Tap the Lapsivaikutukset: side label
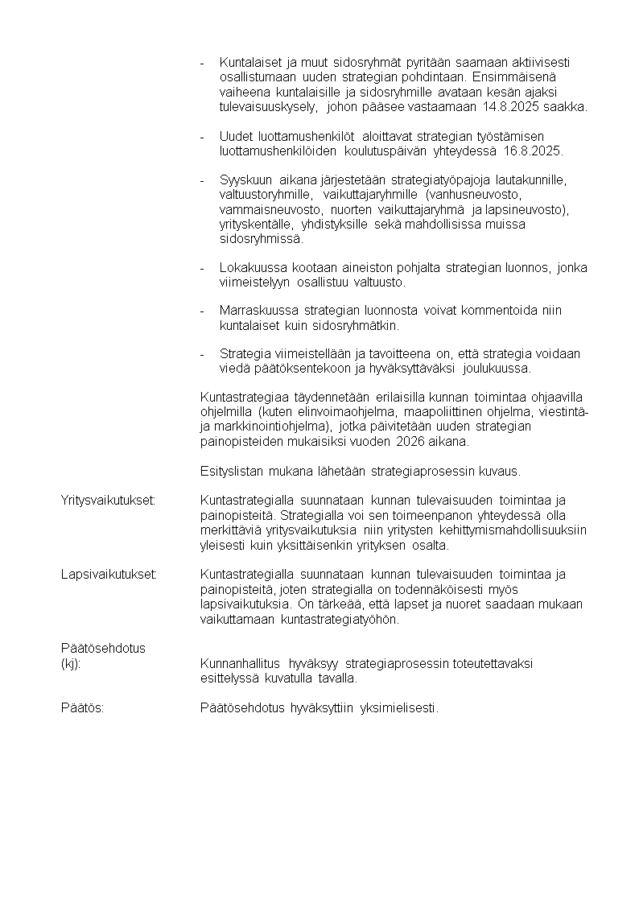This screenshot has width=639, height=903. point(109,575)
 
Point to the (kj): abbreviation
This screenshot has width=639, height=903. point(71,664)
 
